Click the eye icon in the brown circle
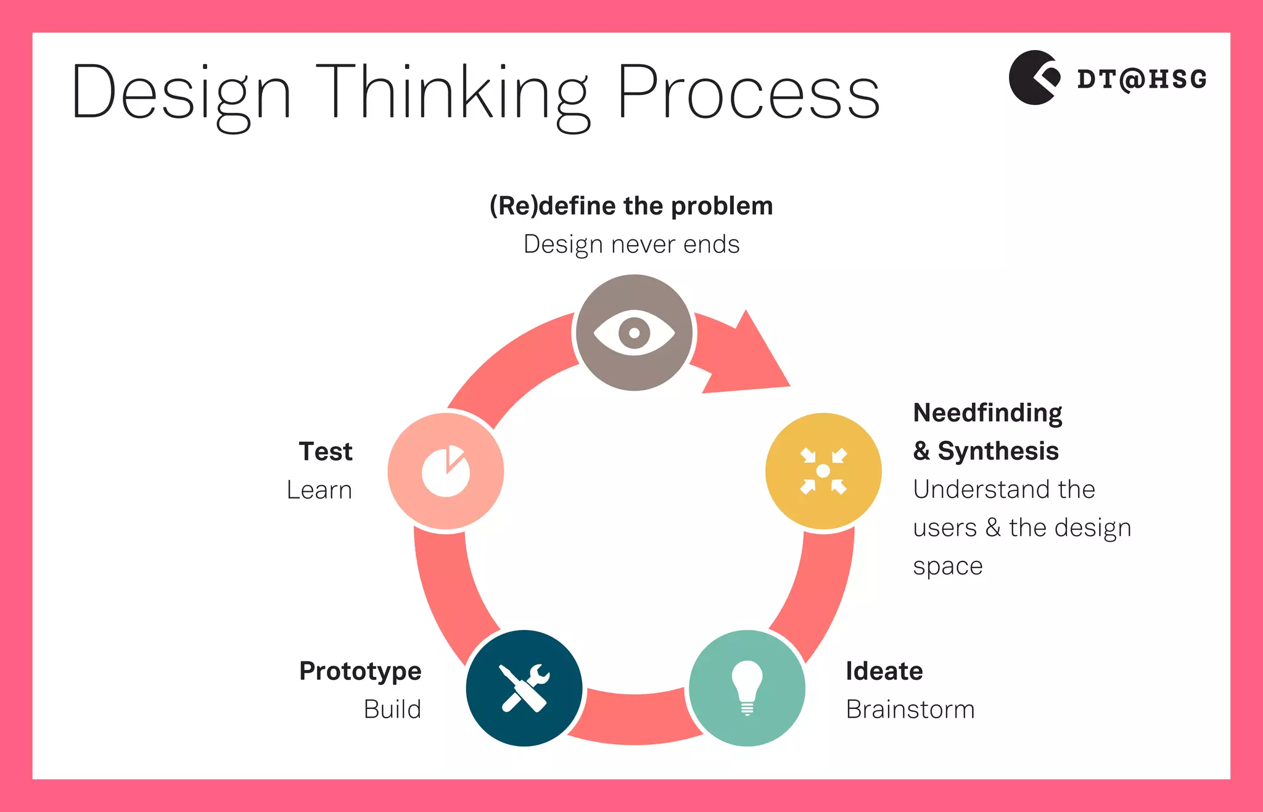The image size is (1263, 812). pyautogui.click(x=634, y=333)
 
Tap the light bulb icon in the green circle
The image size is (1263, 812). pyautogui.click(x=747, y=687)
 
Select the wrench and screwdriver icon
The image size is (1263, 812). pyautogui.click(x=524, y=688)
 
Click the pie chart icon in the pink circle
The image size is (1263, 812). pyautogui.click(x=446, y=471)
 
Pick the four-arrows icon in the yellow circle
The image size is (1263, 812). pyautogui.click(x=823, y=471)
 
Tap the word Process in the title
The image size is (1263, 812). pyautogui.click(x=748, y=93)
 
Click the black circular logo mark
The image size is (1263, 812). pyautogui.click(x=1034, y=78)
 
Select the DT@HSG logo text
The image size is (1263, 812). pyautogui.click(x=1142, y=80)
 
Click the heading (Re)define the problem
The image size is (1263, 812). pyautogui.click(x=631, y=206)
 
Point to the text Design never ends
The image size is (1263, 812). pyautogui.click(x=631, y=244)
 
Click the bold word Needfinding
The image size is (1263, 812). pyautogui.click(x=987, y=413)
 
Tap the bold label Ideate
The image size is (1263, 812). pyautogui.click(x=884, y=671)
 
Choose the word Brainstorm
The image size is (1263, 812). pyautogui.click(x=910, y=710)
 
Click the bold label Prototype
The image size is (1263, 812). pyautogui.click(x=360, y=671)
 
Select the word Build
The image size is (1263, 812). pyautogui.click(x=392, y=710)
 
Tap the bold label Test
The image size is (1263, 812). pyautogui.click(x=326, y=452)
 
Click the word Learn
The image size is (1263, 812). pyautogui.click(x=319, y=491)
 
